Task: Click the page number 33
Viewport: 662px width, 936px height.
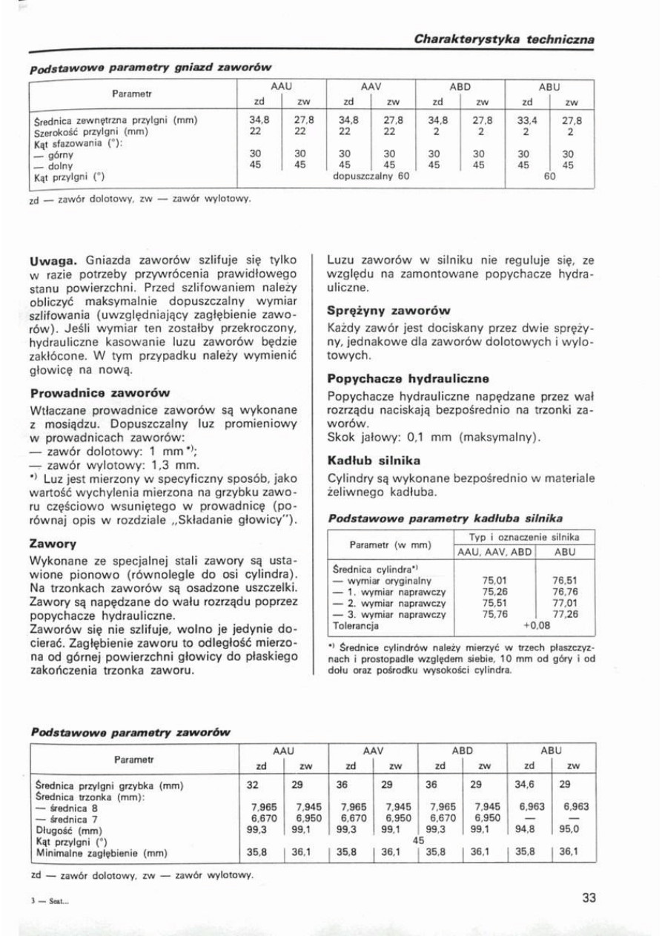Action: pos(589,897)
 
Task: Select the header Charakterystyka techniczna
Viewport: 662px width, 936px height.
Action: pos(504,39)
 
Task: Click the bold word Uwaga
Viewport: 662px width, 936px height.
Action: pos(54,260)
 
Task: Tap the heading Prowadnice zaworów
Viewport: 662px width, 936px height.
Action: pos(101,392)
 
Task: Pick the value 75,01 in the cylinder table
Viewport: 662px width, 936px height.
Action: pos(494,581)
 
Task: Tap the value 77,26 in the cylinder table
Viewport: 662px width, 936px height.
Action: pos(565,614)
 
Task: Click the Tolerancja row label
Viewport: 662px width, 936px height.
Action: pos(355,625)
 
